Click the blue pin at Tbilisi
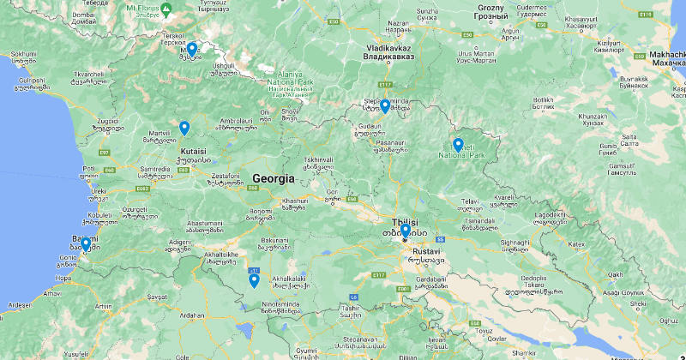coord(405,231)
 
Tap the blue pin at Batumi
coord(86,245)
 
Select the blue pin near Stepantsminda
coord(385,106)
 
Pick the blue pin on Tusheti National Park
coord(458,146)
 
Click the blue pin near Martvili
coord(184,129)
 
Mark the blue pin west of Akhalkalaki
coord(254,280)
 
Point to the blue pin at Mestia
coord(192,50)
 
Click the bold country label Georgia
coord(273,179)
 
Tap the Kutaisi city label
coord(194,151)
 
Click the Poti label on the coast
coord(89,169)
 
